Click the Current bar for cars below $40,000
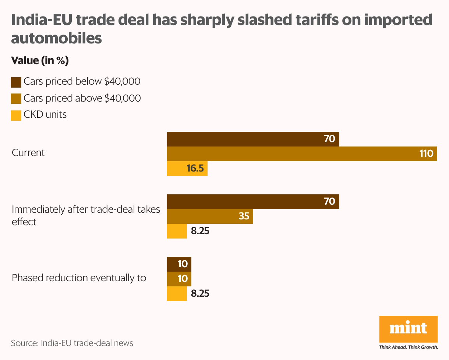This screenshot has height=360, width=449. click(253, 139)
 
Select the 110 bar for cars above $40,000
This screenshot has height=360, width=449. click(302, 154)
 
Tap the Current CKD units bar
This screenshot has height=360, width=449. click(187, 169)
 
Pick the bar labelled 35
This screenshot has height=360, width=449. click(210, 216)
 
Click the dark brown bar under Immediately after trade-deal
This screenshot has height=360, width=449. click(253, 202)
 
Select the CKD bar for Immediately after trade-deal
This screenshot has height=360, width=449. click(177, 231)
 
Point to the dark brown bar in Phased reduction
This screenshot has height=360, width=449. click(179, 264)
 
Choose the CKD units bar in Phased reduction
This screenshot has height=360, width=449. click(177, 294)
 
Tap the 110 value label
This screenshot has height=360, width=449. click(426, 154)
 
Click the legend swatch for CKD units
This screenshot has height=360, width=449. click(16, 116)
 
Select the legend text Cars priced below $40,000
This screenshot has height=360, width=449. click(82, 82)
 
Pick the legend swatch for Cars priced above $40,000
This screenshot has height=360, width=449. click(16, 99)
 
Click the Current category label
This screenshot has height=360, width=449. click(28, 153)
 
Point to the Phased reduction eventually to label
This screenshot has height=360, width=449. click(79, 278)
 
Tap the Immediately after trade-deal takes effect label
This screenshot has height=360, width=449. click(86, 215)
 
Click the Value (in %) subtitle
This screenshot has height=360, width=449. click(40, 61)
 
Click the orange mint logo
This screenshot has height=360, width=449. click(408, 329)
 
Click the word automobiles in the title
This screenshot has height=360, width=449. click(56, 38)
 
